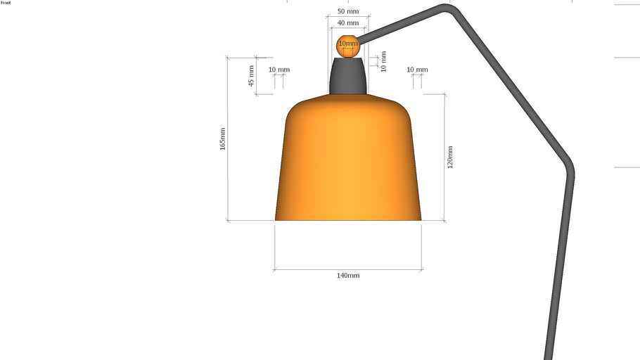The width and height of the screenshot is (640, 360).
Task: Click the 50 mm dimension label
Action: [348, 12]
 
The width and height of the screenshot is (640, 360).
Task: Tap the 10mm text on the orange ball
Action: [348, 44]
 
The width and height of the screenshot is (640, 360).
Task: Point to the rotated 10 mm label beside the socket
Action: [383, 61]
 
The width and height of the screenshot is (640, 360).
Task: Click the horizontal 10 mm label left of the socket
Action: [279, 70]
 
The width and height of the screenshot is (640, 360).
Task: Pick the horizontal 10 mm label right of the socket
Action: [418, 70]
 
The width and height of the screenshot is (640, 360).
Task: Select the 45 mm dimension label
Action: [251, 75]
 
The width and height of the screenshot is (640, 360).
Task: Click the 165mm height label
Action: [223, 139]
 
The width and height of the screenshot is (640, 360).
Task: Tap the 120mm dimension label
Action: [450, 157]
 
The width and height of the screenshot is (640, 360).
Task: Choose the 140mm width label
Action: [348, 276]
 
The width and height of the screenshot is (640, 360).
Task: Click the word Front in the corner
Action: [6, 3]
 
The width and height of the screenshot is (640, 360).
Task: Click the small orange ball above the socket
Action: [348, 46]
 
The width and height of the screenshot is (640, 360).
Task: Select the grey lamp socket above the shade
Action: [348, 76]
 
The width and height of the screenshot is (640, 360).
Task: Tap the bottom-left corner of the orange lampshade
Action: [276, 219]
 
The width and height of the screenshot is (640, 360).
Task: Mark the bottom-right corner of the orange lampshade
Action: [420, 219]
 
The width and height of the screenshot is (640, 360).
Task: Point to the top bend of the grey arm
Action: [447, 8]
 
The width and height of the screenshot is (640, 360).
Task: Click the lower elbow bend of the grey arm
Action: [570, 169]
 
